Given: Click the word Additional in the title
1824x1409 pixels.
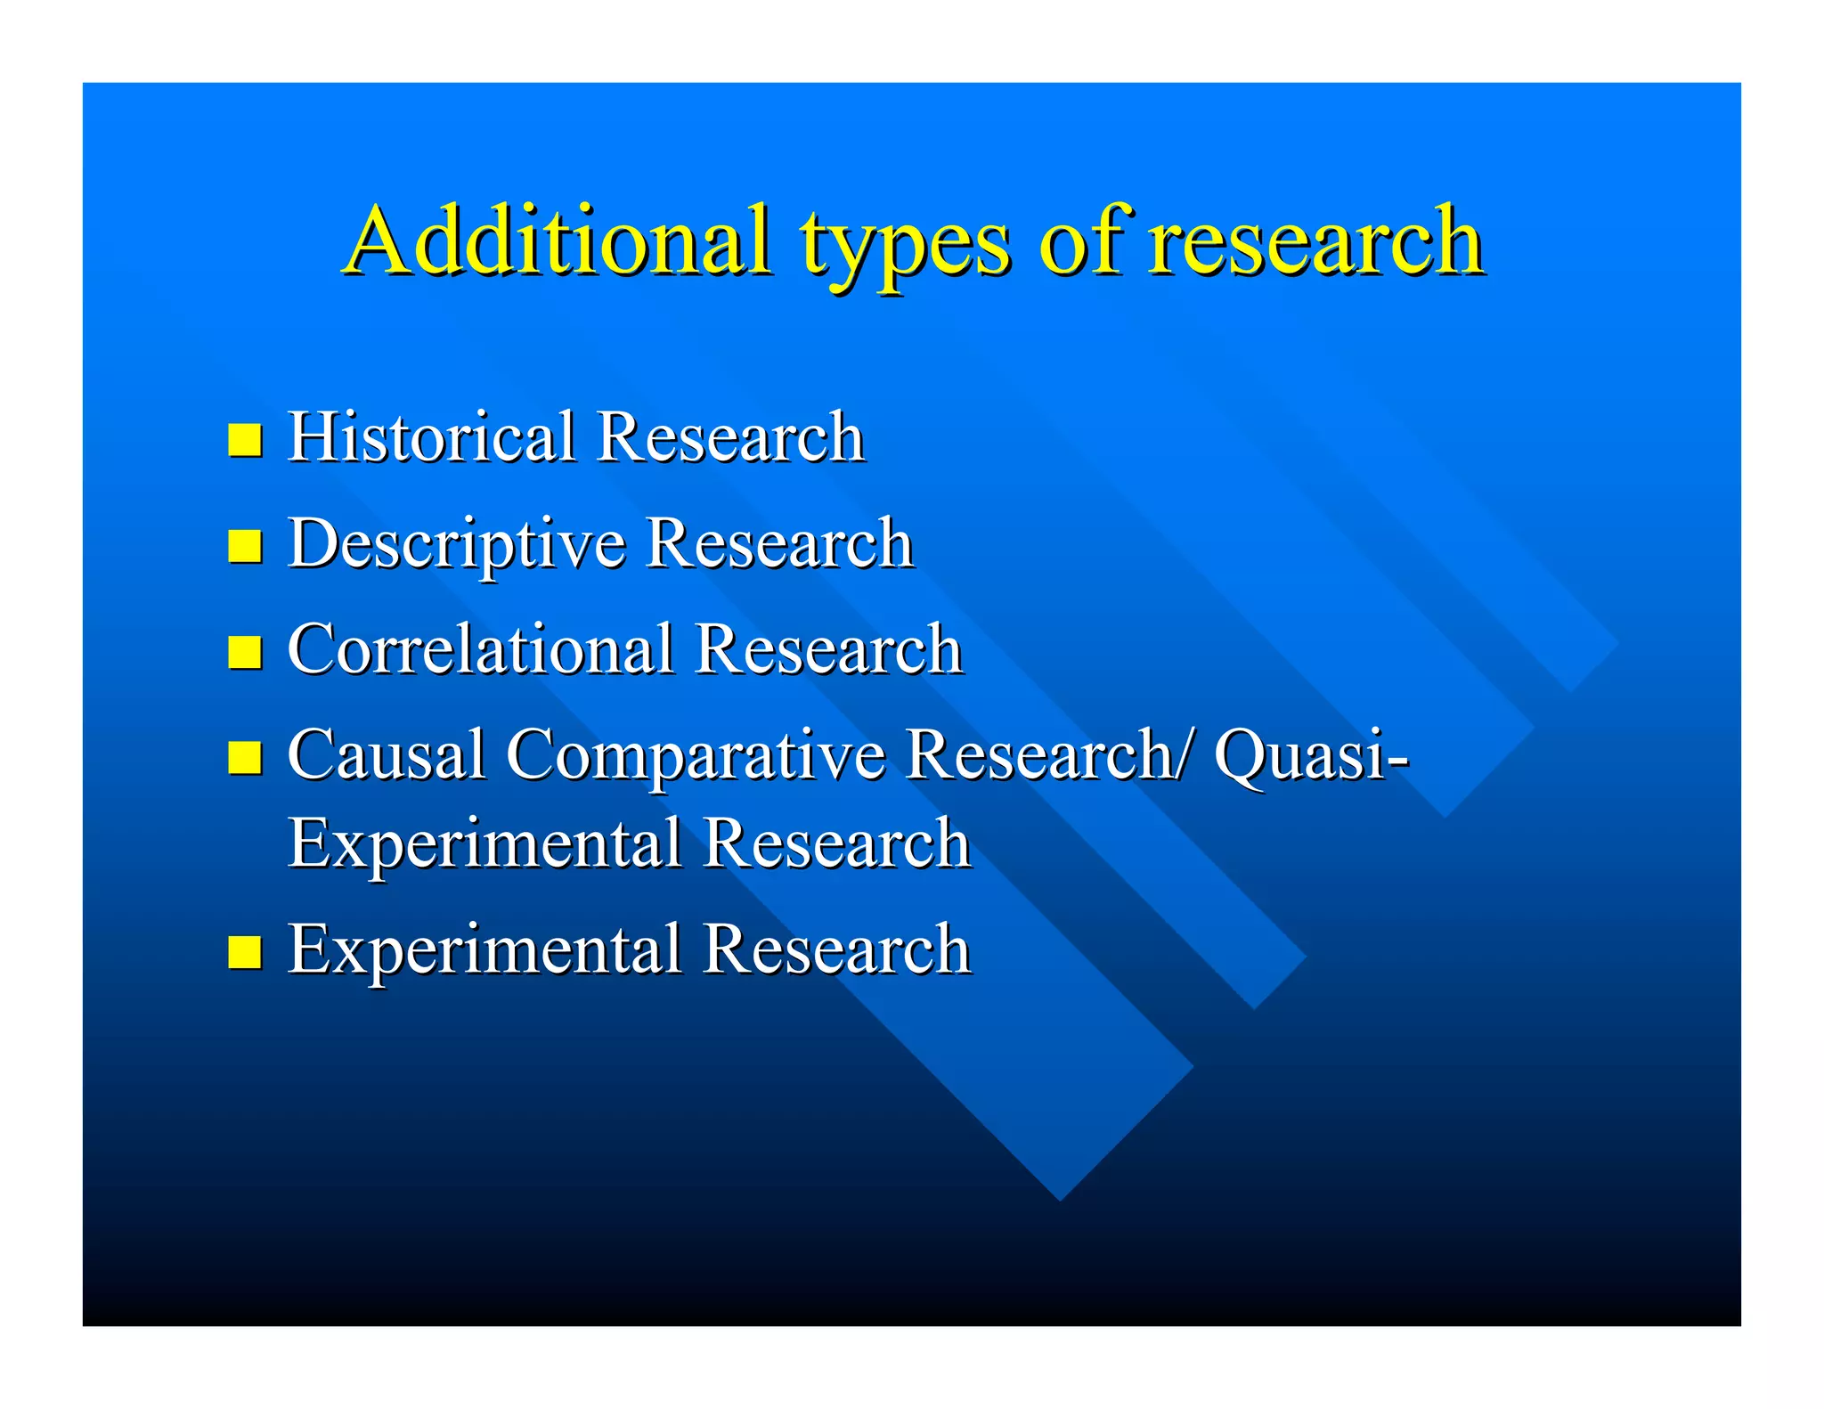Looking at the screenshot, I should tap(558, 240).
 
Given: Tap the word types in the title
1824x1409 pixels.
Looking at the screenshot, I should tap(904, 245).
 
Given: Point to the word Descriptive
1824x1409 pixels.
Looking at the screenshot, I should tap(457, 544).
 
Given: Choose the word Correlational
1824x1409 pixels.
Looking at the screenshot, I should tap(481, 648).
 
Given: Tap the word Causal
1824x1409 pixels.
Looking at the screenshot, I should tap(387, 754).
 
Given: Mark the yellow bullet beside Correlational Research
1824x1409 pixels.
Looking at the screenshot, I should tap(245, 652).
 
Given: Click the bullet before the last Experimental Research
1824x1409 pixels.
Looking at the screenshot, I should tap(245, 951).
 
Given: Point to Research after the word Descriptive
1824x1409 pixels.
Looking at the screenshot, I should tap(779, 542).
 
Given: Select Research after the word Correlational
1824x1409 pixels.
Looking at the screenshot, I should tap(828, 648).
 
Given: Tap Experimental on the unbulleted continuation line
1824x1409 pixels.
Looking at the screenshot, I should tap(484, 843).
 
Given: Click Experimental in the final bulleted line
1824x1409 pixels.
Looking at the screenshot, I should tap(484, 949).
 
